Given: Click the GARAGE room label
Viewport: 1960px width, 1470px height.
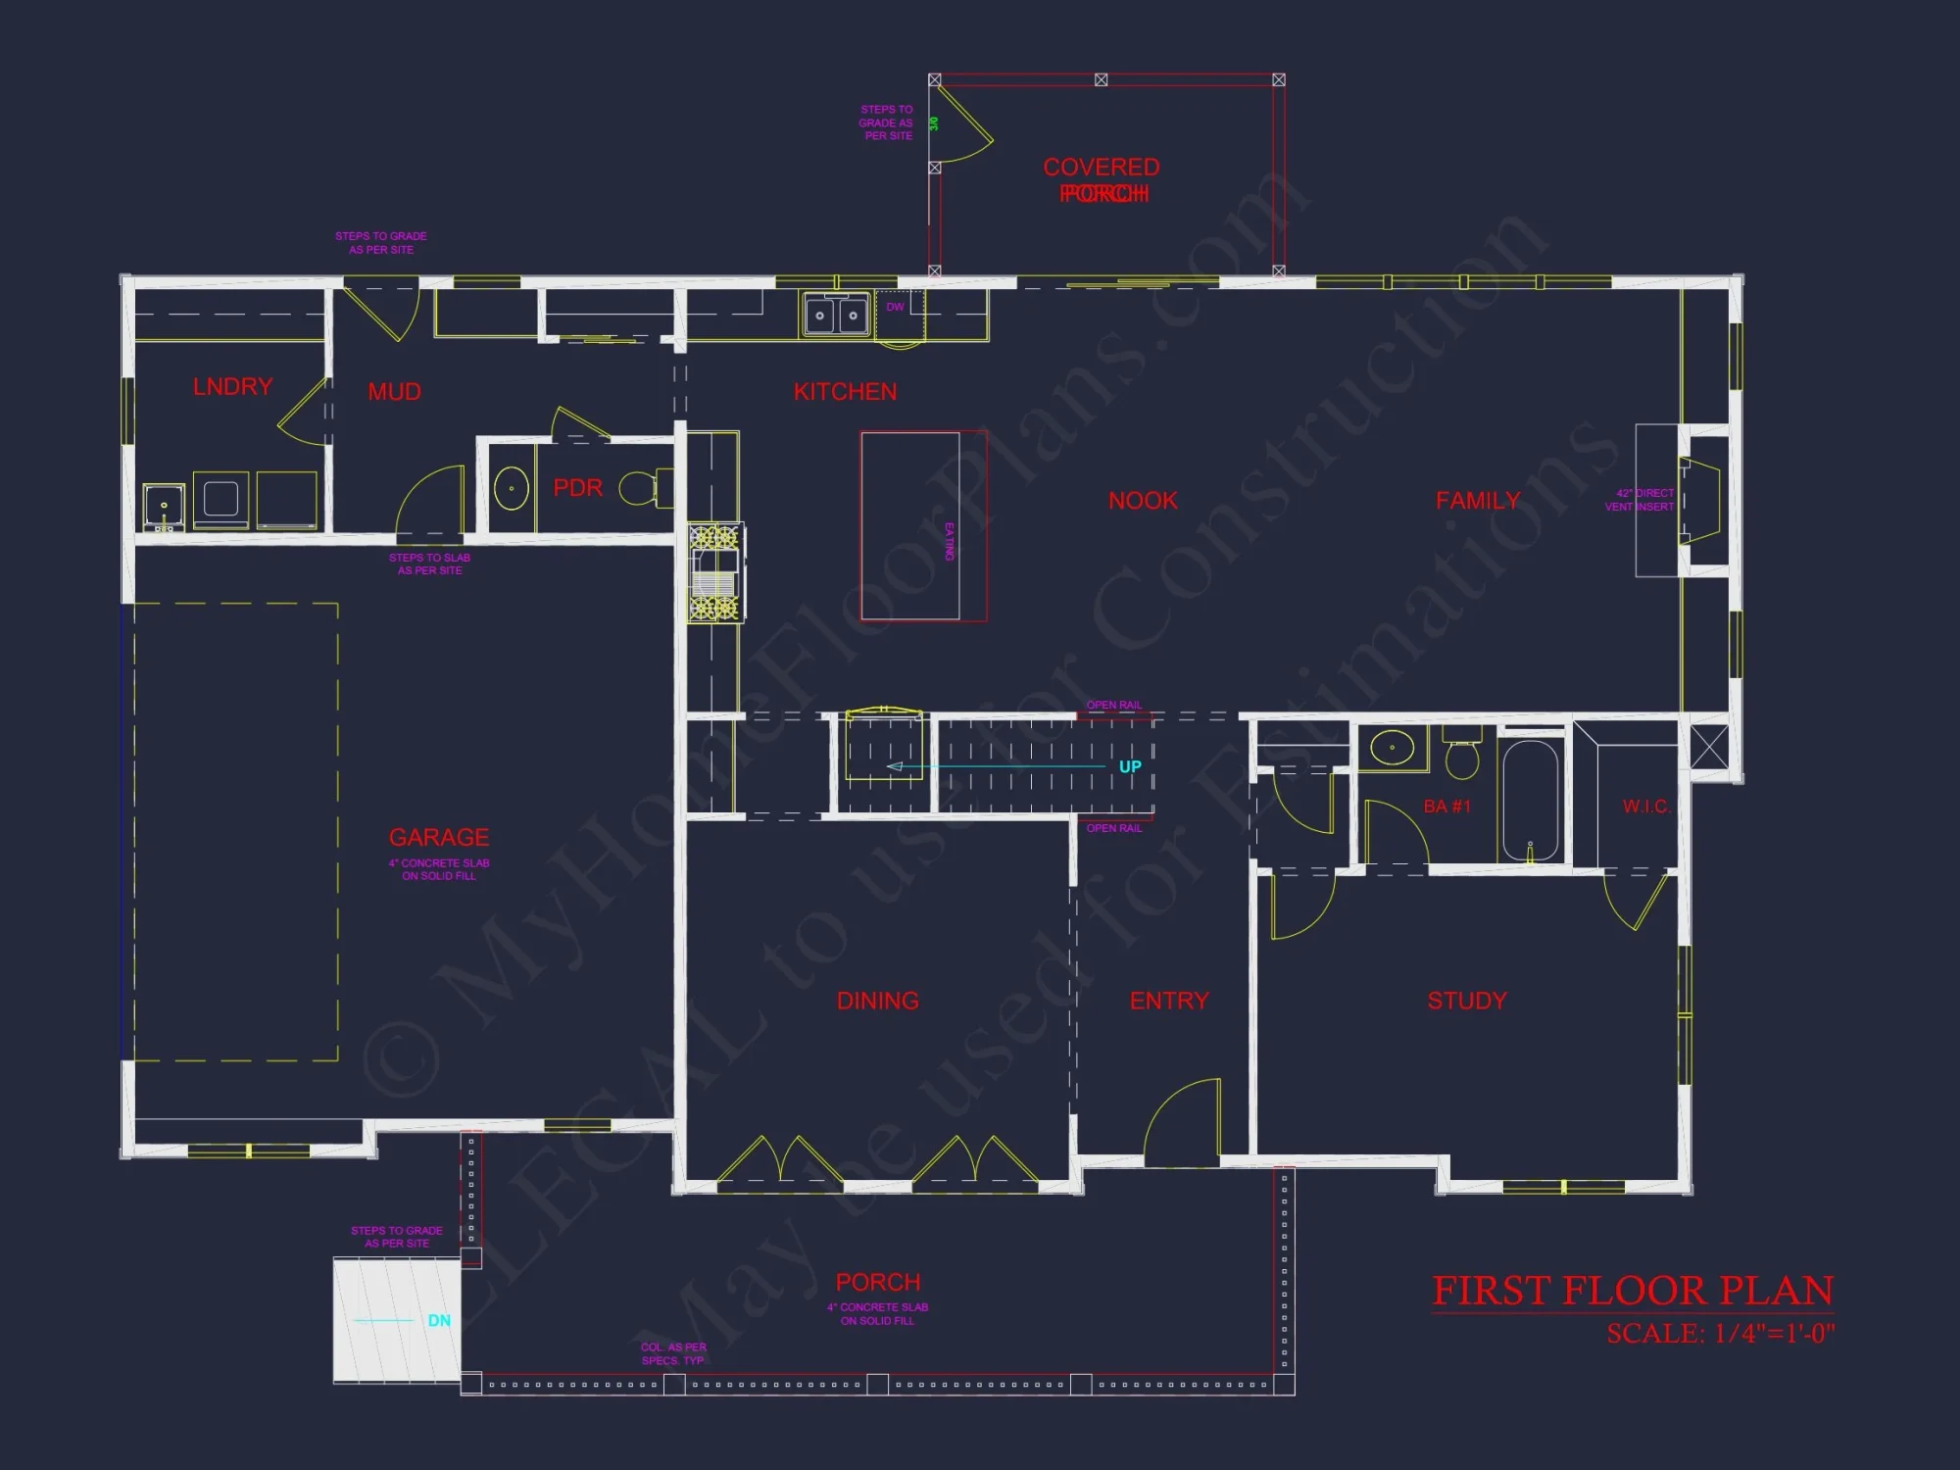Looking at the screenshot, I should [438, 837].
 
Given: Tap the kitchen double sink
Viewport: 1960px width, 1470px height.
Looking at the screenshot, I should [836, 316].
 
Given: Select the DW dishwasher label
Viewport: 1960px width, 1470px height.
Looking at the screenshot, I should [895, 307].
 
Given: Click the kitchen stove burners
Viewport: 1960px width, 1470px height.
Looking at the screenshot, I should [714, 572].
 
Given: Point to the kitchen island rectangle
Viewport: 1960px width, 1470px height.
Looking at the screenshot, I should [910, 525].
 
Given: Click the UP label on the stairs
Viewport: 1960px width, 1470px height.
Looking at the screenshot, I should [1130, 766].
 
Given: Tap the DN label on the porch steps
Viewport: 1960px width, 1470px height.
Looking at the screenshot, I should [439, 1320].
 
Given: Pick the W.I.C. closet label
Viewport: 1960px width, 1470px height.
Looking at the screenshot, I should [1645, 807].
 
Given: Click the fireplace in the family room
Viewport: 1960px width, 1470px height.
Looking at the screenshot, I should [1700, 500].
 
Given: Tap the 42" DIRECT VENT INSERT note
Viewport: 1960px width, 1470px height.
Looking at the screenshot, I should [1640, 500].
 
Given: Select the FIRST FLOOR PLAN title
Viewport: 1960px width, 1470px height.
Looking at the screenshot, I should [1633, 1291].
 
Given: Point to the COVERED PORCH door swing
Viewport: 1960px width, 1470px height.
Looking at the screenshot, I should [962, 123].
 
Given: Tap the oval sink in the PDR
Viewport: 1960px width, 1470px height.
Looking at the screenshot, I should [511, 488].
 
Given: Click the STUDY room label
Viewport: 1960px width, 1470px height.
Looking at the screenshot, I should [1466, 1001].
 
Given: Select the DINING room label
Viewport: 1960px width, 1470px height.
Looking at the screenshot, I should [877, 1001].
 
